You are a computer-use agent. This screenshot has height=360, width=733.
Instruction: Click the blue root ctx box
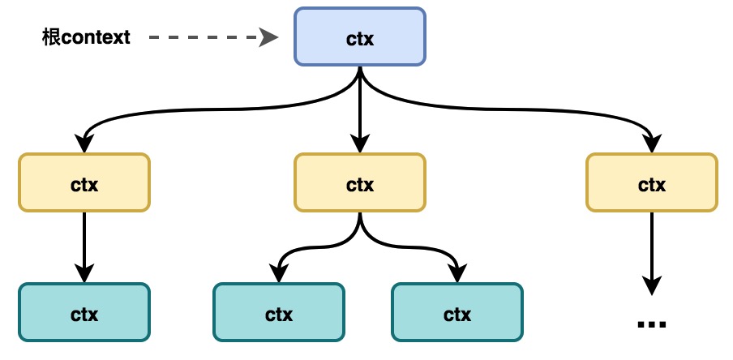coord(359,36)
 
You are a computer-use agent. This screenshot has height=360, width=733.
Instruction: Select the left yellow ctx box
coord(84,183)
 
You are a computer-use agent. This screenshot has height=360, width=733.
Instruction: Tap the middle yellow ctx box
coord(359,183)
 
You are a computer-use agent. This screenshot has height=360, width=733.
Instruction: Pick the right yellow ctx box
coord(651,183)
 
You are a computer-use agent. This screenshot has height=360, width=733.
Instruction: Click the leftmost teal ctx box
coord(84,312)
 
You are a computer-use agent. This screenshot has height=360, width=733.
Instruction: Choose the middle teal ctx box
coord(278,312)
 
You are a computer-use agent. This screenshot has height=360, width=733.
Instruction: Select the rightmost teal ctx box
coord(457,312)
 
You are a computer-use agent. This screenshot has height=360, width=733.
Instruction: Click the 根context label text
coord(86,37)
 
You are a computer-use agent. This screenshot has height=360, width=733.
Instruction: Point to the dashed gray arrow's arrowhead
coord(269,37)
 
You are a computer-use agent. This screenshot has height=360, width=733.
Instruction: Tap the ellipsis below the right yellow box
coord(651,324)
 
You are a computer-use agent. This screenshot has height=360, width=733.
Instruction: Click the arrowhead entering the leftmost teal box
coord(84,273)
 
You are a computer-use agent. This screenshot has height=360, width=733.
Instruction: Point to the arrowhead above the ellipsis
coord(651,285)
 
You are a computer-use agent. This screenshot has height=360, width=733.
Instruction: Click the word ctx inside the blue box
coord(359,37)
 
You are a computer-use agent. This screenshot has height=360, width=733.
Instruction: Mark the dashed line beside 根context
coord(203,37)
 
